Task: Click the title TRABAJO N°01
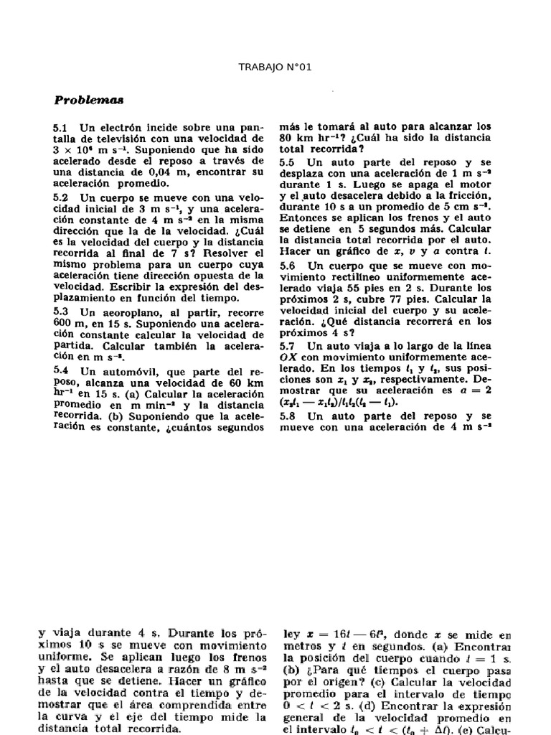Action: click(275, 67)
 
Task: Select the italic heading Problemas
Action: click(88, 99)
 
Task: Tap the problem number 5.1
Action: click(60, 126)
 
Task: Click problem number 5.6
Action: click(288, 266)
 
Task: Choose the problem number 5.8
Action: click(288, 416)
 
